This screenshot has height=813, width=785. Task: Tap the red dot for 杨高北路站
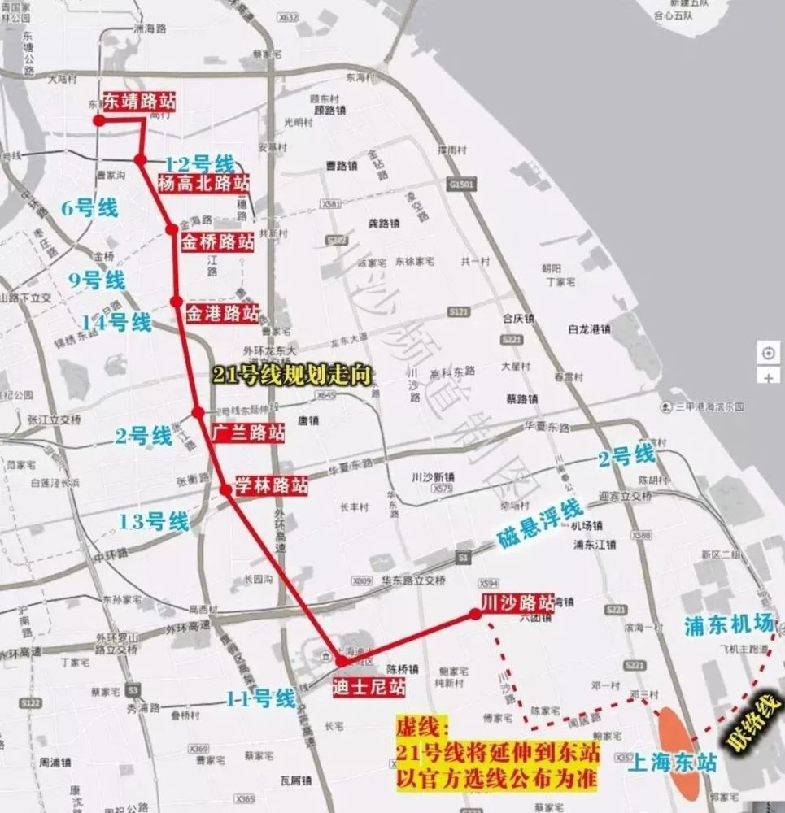click(x=141, y=160)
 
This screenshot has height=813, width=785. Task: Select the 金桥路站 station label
click(x=217, y=241)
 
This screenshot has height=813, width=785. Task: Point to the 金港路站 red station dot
click(x=177, y=302)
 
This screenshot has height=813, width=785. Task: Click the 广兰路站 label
click(x=247, y=433)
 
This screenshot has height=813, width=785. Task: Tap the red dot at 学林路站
click(x=225, y=489)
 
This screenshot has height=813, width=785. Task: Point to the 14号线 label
click(x=116, y=323)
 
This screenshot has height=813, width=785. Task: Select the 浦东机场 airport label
click(x=727, y=624)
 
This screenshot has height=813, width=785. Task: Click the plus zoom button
click(x=768, y=376)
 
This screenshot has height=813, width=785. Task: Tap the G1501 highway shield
click(x=460, y=185)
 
